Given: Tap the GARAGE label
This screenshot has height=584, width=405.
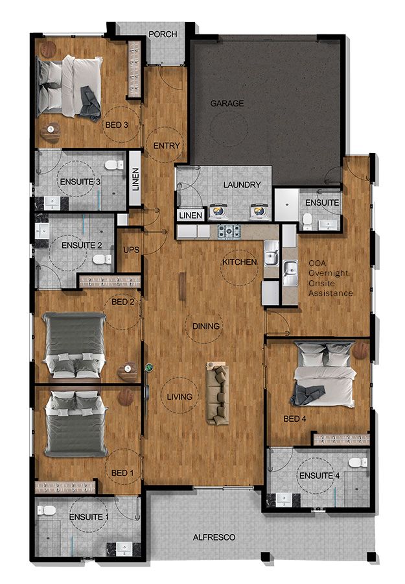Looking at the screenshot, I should tap(227, 103).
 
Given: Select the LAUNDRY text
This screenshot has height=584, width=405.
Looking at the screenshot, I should tap(242, 185).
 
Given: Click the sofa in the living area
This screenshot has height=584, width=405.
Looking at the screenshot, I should tap(218, 393).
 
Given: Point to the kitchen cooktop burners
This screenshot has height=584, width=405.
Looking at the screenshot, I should tap(228, 230).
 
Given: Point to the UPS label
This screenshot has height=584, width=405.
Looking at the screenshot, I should tap(130, 250).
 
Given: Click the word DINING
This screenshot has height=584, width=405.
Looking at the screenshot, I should tap(206, 326).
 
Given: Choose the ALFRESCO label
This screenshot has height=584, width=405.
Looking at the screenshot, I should tap(214, 538).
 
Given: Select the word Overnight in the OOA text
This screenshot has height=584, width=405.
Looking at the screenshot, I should tap(329, 273).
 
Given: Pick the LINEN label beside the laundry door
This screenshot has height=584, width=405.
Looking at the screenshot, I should tap(191, 215).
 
